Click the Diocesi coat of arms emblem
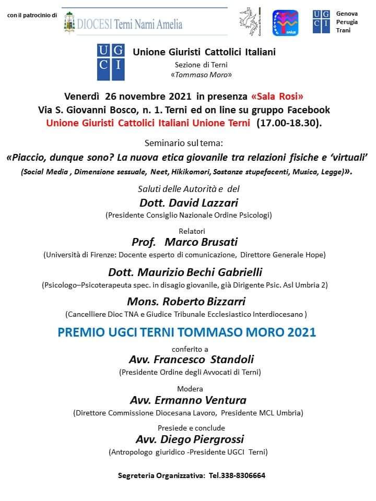pyautogui.click(x=69, y=22)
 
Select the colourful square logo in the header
pyautogui.click(x=285, y=22)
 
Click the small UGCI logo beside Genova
pyautogui.click(x=321, y=21)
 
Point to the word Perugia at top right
pyautogui.click(x=347, y=22)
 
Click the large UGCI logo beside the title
pyautogui.click(x=111, y=62)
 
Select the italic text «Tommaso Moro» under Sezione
pyautogui.click(x=201, y=75)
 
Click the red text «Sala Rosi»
pyautogui.click(x=277, y=97)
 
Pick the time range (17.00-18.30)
pyautogui.click(x=289, y=123)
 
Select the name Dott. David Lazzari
pyautogui.click(x=189, y=202)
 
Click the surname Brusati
pyautogui.click(x=214, y=242)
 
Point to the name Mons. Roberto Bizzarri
pyautogui.click(x=186, y=302)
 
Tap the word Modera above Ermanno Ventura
pyautogui.click(x=190, y=389)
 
